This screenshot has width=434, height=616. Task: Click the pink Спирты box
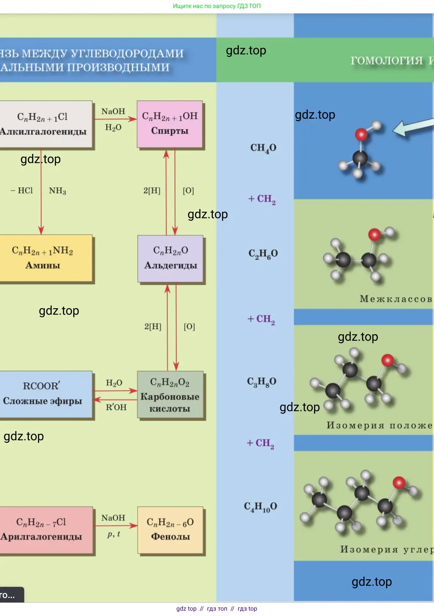click(x=169, y=124)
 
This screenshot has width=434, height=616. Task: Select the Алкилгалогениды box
click(x=44, y=124)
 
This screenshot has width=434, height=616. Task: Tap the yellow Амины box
click(x=44, y=258)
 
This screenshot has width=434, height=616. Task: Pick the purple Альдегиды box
click(x=170, y=258)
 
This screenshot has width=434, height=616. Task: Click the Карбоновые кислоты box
click(x=170, y=395)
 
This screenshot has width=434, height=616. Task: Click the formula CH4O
click(x=263, y=148)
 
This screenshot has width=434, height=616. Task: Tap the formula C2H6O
click(x=263, y=254)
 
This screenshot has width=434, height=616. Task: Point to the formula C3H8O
click(x=261, y=382)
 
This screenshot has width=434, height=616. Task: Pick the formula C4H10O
click(x=260, y=507)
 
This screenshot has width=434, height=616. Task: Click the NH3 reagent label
click(x=58, y=191)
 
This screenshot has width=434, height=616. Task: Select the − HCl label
click(x=22, y=191)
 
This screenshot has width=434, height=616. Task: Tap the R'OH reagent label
click(x=116, y=407)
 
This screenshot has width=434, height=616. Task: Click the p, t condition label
click(x=114, y=534)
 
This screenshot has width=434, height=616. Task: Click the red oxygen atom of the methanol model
click(x=361, y=134)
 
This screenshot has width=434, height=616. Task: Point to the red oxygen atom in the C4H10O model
click(x=399, y=482)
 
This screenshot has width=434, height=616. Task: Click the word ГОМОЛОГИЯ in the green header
click(x=386, y=60)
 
